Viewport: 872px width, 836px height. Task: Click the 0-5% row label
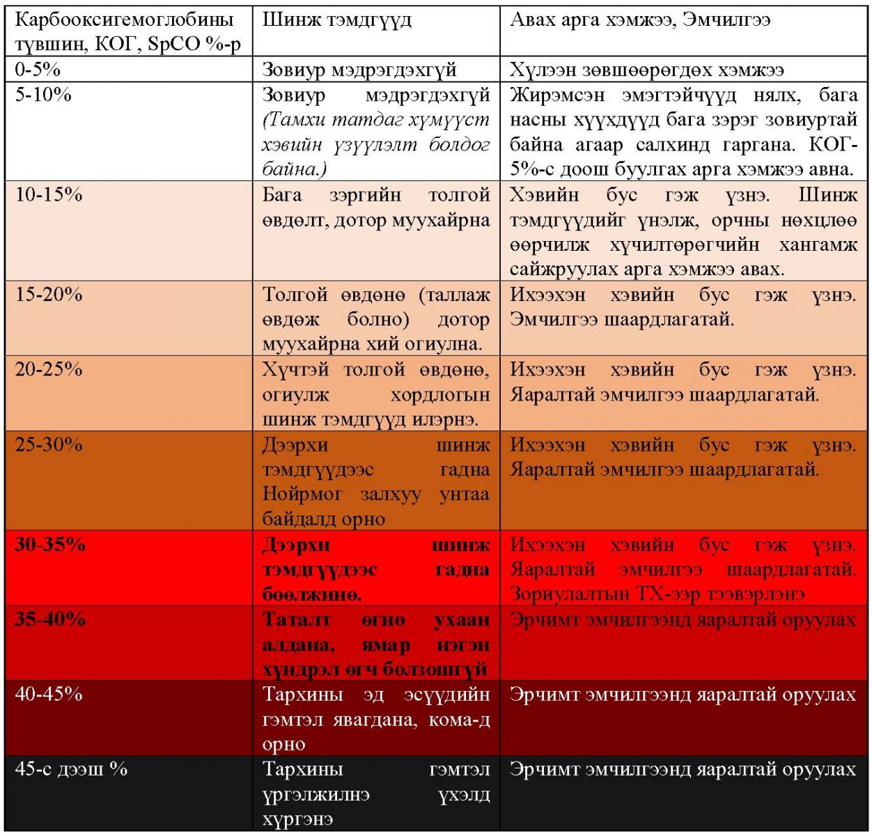click(x=38, y=70)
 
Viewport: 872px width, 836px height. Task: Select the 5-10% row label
click(x=43, y=95)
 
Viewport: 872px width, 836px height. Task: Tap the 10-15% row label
click(x=49, y=194)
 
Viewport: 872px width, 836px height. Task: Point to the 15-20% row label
click(x=49, y=295)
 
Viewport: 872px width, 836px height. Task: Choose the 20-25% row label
click(x=49, y=369)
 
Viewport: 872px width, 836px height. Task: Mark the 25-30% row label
click(x=49, y=444)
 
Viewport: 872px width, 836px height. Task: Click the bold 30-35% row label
click(x=50, y=544)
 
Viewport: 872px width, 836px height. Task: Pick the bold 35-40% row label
click(x=50, y=619)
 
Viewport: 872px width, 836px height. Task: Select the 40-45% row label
click(x=49, y=695)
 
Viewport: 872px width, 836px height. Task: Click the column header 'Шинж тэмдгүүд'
click(x=337, y=20)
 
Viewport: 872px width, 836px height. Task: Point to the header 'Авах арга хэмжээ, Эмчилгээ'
click(x=640, y=20)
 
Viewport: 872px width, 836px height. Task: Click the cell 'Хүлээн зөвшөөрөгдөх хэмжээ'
click(x=647, y=70)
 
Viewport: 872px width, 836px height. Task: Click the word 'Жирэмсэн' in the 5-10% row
click(x=557, y=95)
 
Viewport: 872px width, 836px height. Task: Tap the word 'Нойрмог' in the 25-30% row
click(x=303, y=495)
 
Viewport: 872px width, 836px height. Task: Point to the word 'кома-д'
click(x=460, y=720)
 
